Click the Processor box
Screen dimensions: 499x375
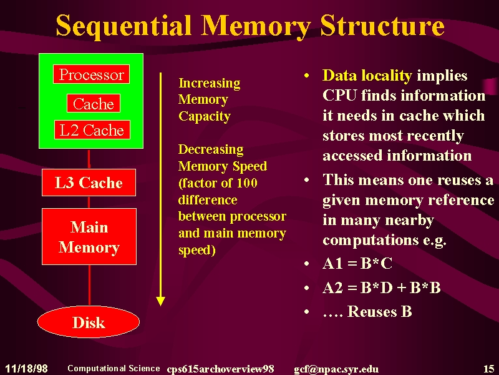point(91,74)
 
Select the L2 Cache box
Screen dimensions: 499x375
point(92,130)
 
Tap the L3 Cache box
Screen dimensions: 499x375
point(89,182)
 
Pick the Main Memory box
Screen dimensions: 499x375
point(89,237)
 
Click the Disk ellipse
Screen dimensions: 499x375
point(89,322)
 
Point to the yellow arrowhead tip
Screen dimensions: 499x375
point(161,306)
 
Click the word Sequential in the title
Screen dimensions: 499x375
point(124,26)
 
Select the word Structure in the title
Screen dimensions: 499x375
point(382,26)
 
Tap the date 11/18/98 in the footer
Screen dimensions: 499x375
point(26,369)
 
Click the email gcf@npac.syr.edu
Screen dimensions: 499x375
point(336,369)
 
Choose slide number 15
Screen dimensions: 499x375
point(489,369)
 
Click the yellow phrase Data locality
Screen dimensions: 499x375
point(367,76)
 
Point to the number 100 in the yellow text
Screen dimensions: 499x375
point(247,183)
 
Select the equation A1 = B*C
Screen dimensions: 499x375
point(357,264)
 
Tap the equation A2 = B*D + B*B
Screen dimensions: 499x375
point(382,287)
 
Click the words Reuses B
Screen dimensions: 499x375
point(379,311)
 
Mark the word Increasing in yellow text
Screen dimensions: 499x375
point(210,83)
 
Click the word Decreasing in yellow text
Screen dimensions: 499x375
point(211,149)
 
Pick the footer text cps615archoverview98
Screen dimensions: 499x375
point(220,369)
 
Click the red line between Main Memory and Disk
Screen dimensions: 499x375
point(89,285)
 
